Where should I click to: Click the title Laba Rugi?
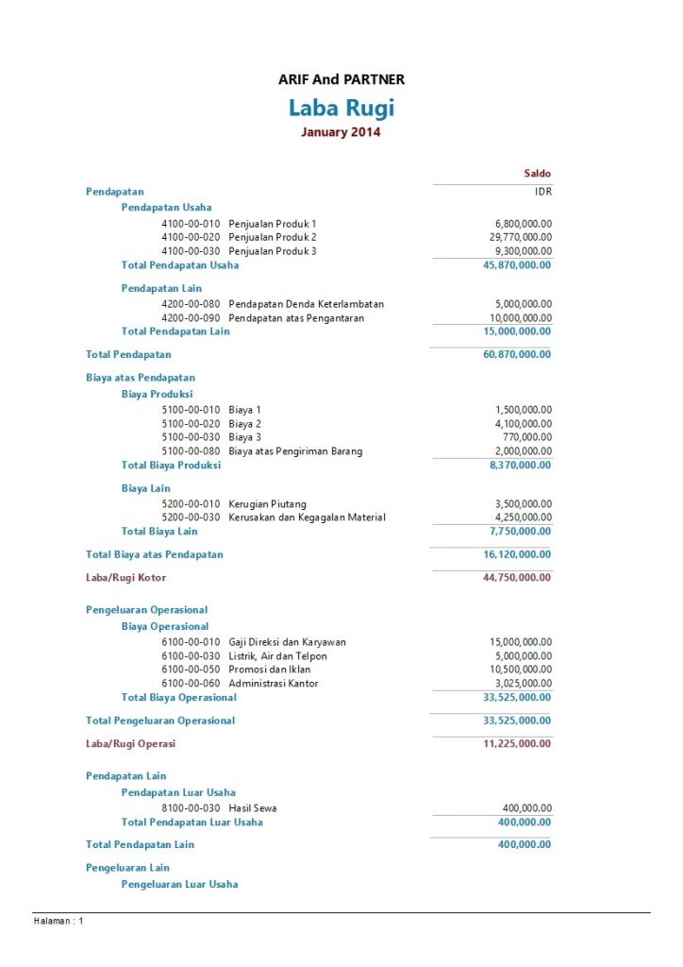point(341,108)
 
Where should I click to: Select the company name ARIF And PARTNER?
point(341,80)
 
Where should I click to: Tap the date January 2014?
point(341,133)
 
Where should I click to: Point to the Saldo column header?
point(537,174)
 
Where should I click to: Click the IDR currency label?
point(542,192)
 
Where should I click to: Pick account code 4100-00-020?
point(191,237)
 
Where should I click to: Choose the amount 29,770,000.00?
point(518,237)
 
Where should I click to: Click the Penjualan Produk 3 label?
point(273,251)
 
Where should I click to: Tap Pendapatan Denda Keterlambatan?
point(306,304)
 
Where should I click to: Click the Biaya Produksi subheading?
point(157,394)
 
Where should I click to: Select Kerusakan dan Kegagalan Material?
point(307,517)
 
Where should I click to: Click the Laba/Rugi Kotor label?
point(125,577)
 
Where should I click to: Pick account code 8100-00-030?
point(191,808)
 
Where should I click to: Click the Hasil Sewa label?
point(253,808)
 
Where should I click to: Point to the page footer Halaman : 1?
point(58,921)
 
